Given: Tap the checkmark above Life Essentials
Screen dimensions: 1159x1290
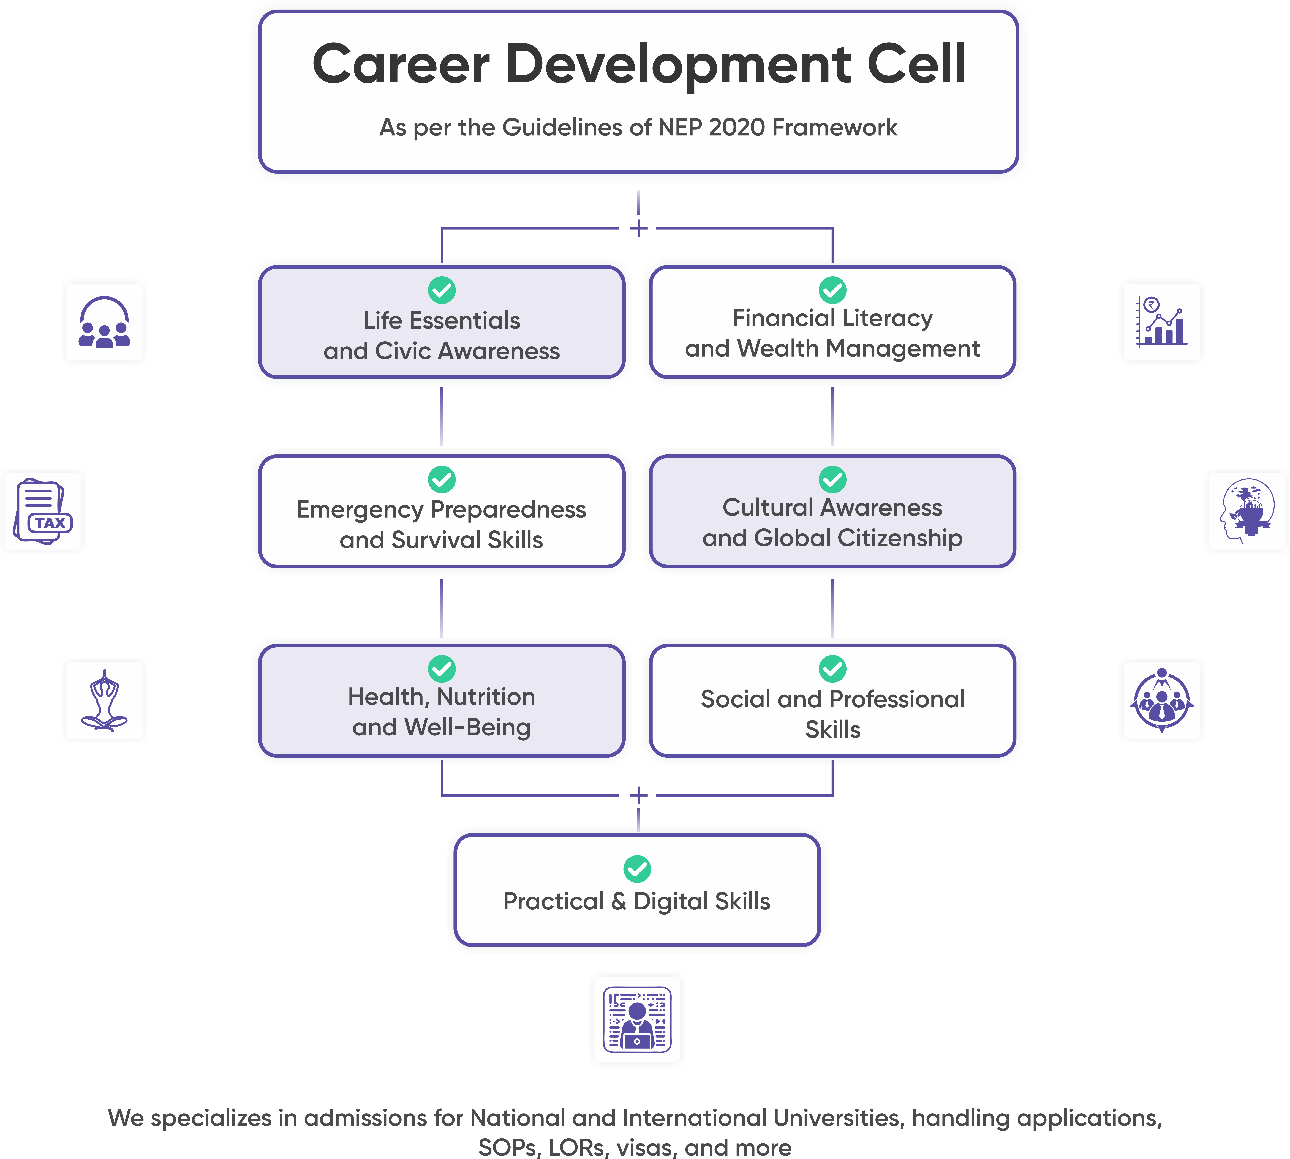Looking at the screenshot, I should tap(442, 290).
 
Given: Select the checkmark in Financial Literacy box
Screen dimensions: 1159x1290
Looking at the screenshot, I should tap(832, 290).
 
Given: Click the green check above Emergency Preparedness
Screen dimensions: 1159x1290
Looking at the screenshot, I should tap(442, 479).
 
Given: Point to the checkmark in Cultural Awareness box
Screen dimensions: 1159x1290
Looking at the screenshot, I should tap(832, 479).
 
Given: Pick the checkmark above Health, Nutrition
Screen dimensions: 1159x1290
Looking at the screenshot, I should tap(442, 669).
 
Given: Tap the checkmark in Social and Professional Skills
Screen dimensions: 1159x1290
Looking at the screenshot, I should tap(832, 669).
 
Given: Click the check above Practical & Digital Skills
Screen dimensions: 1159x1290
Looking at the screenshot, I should tap(637, 869).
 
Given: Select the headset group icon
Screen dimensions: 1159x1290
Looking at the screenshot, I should tap(104, 322).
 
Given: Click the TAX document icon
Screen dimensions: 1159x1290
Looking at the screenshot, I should tap(43, 511).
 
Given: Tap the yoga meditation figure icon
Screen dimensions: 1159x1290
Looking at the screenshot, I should tap(104, 700).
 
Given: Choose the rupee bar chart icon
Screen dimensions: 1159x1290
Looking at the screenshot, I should tap(1161, 322).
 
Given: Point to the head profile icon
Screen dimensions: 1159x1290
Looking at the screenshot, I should tap(1247, 511).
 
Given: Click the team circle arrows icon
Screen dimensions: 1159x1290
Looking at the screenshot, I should tap(1161, 700).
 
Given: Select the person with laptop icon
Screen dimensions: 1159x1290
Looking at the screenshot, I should tap(637, 1019).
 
